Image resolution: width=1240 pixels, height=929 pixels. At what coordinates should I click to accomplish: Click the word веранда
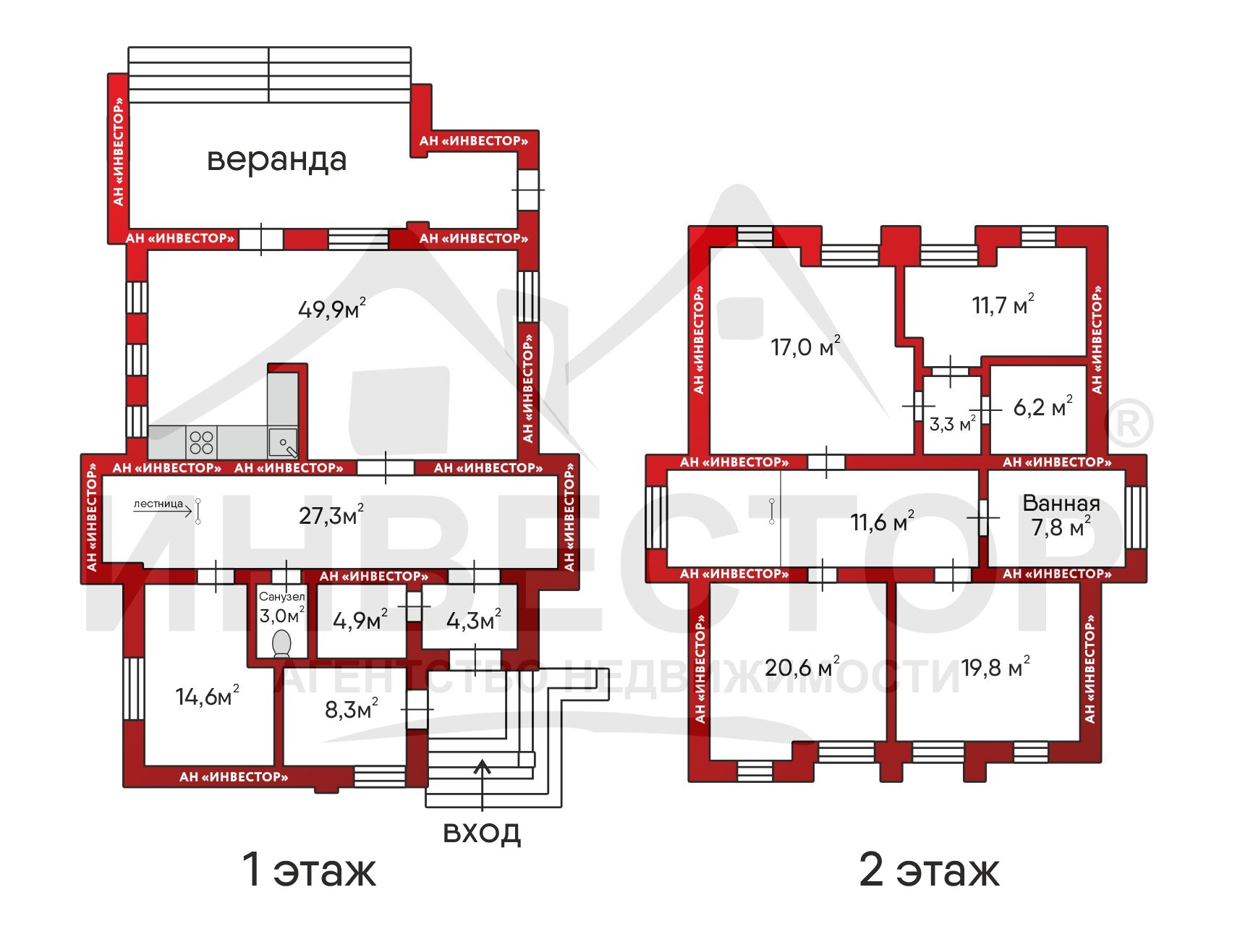(276, 160)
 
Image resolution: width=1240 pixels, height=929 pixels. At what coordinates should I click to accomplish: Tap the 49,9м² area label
(332, 308)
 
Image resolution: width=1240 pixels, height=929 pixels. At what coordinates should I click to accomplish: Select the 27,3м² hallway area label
(331, 514)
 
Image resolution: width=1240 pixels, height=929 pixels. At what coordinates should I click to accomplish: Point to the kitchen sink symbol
(283, 442)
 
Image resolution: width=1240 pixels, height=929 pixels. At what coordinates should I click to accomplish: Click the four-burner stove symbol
(202, 442)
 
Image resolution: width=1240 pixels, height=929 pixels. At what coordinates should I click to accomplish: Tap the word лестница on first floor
(158, 504)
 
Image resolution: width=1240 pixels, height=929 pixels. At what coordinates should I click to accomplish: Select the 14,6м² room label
(207, 695)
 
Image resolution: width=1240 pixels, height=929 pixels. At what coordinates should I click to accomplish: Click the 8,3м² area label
(351, 708)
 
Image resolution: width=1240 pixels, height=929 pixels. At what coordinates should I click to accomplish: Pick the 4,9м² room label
(360, 619)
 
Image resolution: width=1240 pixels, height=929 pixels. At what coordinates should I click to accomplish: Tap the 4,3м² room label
(473, 619)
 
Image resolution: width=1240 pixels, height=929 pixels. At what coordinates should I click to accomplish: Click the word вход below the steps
(482, 832)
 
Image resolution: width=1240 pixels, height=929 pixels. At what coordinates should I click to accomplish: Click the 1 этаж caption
(309, 870)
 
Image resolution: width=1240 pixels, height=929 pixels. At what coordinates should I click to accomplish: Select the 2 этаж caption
(929, 870)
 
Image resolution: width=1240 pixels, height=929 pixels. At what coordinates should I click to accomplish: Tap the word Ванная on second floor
(1061, 503)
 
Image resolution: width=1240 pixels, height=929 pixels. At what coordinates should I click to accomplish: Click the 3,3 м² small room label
(953, 423)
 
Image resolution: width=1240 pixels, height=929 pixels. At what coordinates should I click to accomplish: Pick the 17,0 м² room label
(805, 346)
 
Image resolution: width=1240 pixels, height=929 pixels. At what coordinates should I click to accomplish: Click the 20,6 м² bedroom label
(802, 666)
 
